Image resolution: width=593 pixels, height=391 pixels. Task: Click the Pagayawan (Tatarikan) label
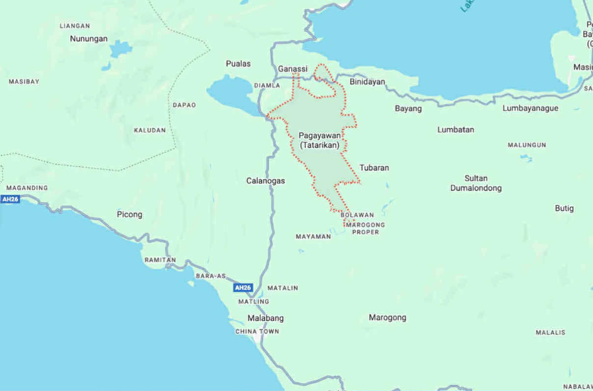[x=320, y=140]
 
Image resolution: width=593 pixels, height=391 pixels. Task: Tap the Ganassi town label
[x=293, y=69]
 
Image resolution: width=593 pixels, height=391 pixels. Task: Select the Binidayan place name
[x=367, y=82]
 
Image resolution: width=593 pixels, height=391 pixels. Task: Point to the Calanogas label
[x=266, y=181]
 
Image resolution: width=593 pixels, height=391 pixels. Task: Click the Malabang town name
[x=266, y=318]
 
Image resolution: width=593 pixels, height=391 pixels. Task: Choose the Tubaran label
[x=374, y=168]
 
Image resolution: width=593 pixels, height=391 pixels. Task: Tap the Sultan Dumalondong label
[x=476, y=183]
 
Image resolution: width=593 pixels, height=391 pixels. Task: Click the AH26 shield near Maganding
[x=10, y=199]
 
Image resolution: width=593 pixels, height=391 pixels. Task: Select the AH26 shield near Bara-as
[x=243, y=288]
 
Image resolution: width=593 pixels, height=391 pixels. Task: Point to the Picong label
[x=130, y=214]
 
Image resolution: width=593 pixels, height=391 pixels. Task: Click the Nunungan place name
[x=88, y=38]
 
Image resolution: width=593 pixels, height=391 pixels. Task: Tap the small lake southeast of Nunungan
[x=120, y=49]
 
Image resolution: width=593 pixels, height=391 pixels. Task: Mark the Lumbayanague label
[x=530, y=108]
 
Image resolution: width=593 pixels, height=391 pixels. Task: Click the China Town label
[x=257, y=331]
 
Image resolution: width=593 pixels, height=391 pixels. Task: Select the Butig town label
[x=564, y=208]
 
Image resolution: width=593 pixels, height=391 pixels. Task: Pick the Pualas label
[x=238, y=63]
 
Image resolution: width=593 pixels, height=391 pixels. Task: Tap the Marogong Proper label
[x=365, y=228]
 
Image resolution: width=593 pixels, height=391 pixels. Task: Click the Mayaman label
[x=313, y=237]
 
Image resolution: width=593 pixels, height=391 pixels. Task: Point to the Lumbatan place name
[x=456, y=130]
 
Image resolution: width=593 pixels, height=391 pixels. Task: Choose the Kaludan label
[x=150, y=130]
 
